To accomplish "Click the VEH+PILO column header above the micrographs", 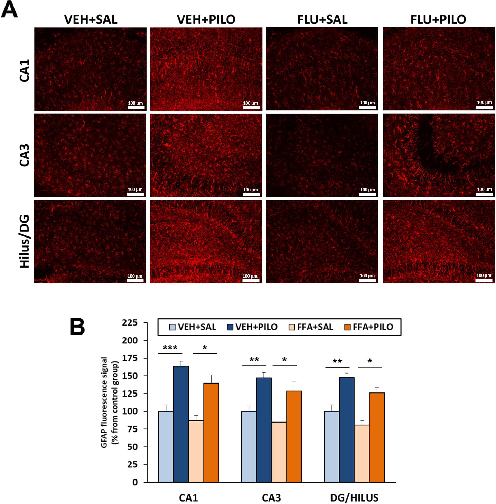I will (206, 20).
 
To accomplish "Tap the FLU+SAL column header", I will (322, 20).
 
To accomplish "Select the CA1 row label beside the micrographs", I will (25, 70).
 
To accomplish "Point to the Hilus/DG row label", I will (25, 241).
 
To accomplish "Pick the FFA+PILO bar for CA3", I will (294, 436).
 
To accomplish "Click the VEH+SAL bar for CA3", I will (249, 447).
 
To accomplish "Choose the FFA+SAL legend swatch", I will (292, 327).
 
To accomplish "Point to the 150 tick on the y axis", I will (130, 376).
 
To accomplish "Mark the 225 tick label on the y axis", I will (130, 323).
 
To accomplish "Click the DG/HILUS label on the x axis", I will (354, 497).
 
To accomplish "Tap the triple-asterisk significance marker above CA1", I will (170, 348).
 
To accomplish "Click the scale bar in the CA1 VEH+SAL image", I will (136, 107).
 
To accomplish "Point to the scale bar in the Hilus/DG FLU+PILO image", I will (484, 280).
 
